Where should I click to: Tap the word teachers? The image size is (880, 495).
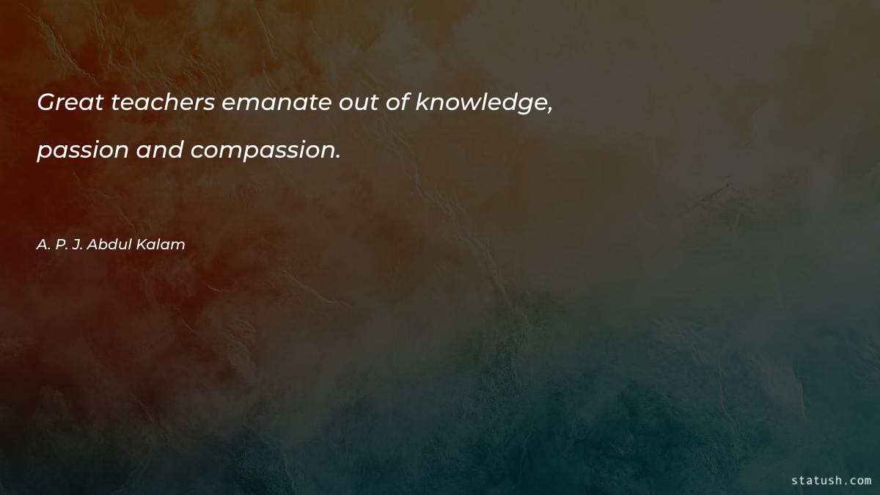[163, 103]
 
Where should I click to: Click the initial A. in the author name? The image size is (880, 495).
[43, 244]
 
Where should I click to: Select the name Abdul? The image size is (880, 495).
[111, 244]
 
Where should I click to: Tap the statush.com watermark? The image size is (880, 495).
[832, 481]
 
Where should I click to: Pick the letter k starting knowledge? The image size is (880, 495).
[422, 103]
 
